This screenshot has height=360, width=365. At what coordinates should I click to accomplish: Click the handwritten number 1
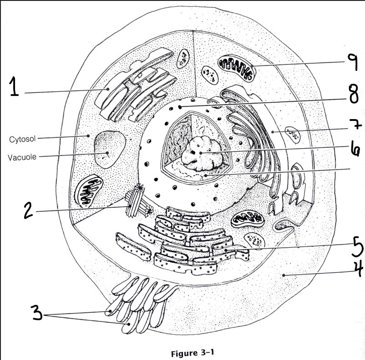(x=14, y=86)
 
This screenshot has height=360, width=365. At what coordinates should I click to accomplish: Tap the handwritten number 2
(x=29, y=210)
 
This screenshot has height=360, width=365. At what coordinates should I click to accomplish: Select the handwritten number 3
(x=37, y=312)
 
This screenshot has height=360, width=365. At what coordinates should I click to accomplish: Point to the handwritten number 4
(x=358, y=269)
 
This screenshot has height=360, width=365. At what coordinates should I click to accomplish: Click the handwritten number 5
(x=357, y=247)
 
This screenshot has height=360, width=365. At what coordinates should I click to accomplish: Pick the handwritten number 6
(x=355, y=148)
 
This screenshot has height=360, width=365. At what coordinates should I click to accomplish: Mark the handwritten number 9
(x=353, y=62)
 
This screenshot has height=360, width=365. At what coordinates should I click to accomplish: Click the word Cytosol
(x=22, y=139)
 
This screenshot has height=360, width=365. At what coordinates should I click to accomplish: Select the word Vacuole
(x=22, y=157)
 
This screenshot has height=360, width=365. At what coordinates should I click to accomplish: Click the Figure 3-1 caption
(x=192, y=353)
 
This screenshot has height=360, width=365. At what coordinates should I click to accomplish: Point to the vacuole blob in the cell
(x=109, y=149)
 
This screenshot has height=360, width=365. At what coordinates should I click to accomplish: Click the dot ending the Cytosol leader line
(x=88, y=135)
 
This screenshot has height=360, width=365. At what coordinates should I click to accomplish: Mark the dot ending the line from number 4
(x=284, y=275)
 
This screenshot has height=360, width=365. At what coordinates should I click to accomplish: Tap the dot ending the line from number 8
(x=180, y=107)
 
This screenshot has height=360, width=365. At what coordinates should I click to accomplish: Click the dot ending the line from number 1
(x=108, y=89)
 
